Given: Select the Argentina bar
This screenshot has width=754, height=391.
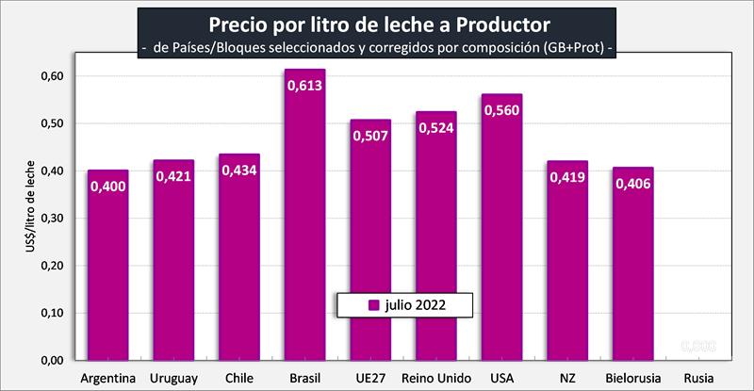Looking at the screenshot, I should [108, 273].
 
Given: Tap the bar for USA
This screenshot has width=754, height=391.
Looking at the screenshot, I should [500, 236].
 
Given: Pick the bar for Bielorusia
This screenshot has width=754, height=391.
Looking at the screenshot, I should [631, 273].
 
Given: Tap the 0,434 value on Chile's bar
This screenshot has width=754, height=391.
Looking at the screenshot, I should [239, 171].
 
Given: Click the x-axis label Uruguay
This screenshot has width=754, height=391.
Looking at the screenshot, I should [173, 379].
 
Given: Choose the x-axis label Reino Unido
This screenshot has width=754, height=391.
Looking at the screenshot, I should [435, 379].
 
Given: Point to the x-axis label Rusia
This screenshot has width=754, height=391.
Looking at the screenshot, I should [697, 379].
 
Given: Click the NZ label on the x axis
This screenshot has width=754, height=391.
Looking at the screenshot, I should [566, 379].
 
